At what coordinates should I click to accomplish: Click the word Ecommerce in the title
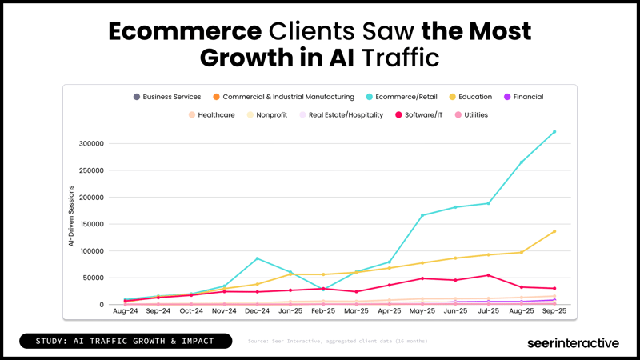pyautogui.click(x=184, y=31)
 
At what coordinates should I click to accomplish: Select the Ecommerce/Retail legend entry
pyautogui.click(x=409, y=97)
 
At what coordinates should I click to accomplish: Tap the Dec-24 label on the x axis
pyautogui.click(x=257, y=310)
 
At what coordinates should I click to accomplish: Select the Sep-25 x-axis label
pyautogui.click(x=554, y=310)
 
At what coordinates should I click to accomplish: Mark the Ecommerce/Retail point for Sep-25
pyautogui.click(x=554, y=132)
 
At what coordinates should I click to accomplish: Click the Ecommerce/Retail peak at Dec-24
pyautogui.click(x=257, y=258)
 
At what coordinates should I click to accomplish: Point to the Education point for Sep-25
pyautogui.click(x=554, y=231)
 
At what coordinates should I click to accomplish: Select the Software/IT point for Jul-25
pyautogui.click(x=488, y=275)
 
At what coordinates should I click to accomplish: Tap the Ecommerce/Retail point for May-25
pyautogui.click(x=422, y=215)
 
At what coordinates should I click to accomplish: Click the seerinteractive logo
pyautogui.click(x=573, y=342)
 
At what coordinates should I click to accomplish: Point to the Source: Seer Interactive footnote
pyautogui.click(x=338, y=342)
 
